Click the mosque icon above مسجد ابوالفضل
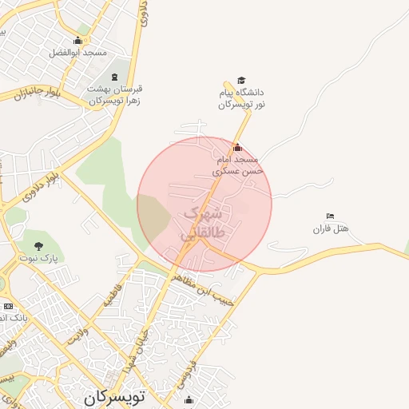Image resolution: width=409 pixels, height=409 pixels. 78,40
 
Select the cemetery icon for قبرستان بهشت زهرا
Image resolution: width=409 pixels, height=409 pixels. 115,77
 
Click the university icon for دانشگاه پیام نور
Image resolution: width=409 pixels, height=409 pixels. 241,81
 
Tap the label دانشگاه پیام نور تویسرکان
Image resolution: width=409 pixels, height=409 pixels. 242,99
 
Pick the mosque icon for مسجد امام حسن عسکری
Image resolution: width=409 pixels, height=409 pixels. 236,148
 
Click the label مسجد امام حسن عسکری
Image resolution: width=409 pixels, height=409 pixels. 237,165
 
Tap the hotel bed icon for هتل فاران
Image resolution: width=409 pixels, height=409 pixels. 331,216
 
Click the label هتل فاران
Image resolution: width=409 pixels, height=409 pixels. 331,229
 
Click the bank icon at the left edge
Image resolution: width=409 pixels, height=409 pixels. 8,306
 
